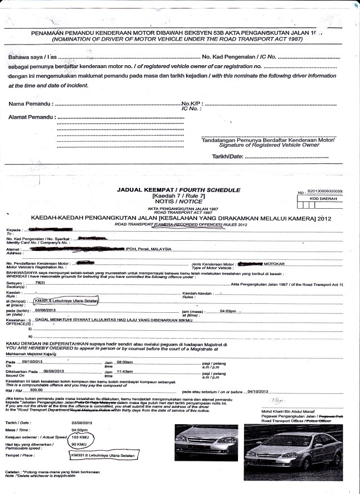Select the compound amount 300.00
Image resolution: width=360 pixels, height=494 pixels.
(x=37, y=390)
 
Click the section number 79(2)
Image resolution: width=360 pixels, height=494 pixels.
(x=40, y=283)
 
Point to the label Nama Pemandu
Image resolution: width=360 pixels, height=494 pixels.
(x=31, y=104)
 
